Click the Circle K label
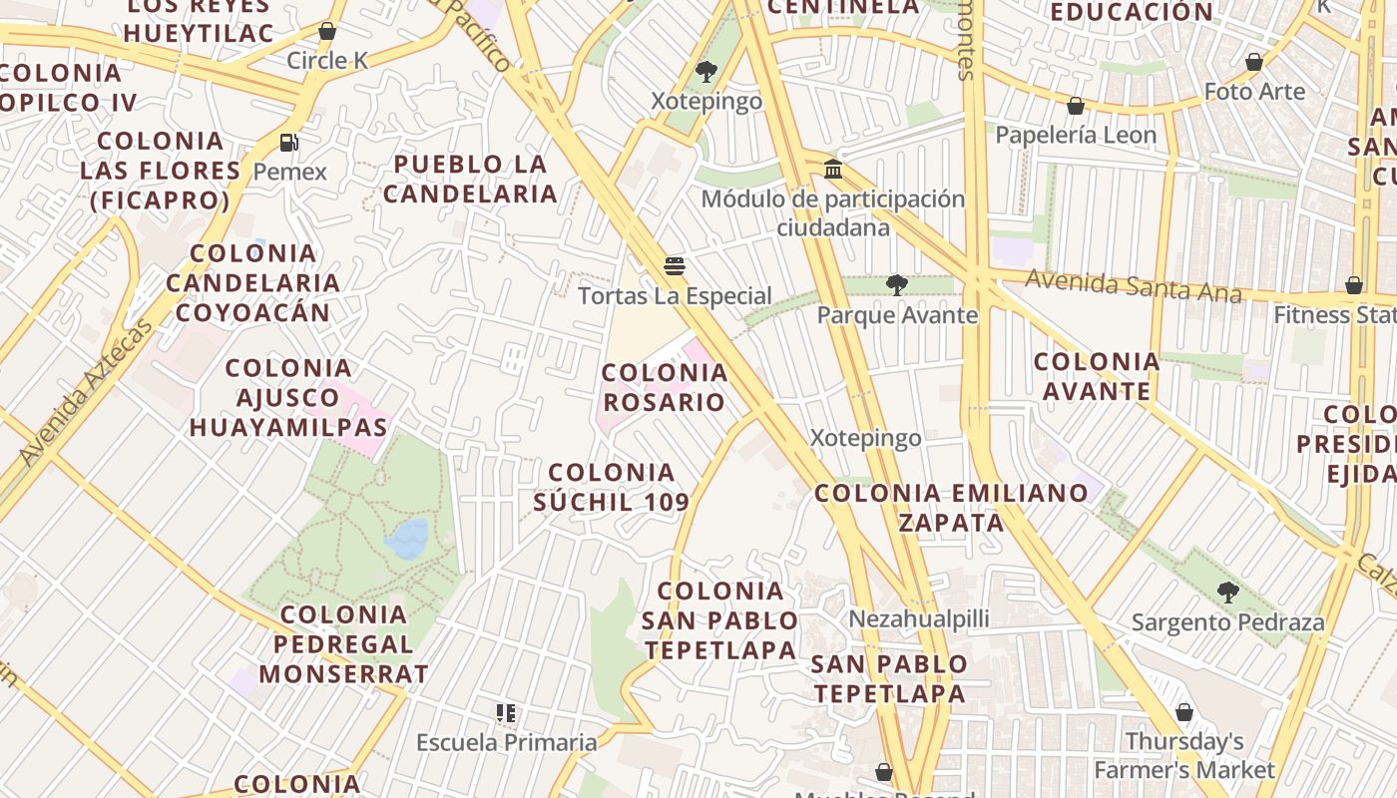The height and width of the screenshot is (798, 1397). [x=327, y=61]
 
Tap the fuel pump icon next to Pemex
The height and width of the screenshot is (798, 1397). [x=289, y=143]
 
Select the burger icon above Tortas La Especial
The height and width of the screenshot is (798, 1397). [x=675, y=266]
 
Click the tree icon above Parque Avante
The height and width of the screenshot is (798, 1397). [x=897, y=285]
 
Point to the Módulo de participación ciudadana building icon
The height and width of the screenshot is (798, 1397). [x=833, y=169]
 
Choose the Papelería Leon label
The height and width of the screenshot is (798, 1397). [x=1076, y=135]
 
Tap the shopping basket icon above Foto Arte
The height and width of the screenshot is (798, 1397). [x=1254, y=62]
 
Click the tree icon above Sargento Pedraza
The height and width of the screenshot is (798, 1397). [x=1227, y=593]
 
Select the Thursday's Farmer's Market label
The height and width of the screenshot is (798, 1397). [x=1184, y=755]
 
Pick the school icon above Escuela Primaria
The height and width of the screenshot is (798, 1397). [x=506, y=713]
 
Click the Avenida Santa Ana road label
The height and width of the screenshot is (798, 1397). [x=1134, y=286]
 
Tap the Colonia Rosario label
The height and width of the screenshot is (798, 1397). [x=665, y=387]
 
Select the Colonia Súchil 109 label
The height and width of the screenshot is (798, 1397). [x=612, y=486]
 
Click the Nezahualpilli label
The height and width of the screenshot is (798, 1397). [x=919, y=618]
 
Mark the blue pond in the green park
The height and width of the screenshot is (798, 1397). [x=407, y=538]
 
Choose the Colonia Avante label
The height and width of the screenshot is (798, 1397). [x=1097, y=375]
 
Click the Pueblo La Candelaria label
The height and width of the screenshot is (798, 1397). [x=470, y=179]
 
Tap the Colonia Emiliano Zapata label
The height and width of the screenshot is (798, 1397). [x=951, y=507]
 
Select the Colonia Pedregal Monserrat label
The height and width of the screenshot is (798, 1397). [x=344, y=643]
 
